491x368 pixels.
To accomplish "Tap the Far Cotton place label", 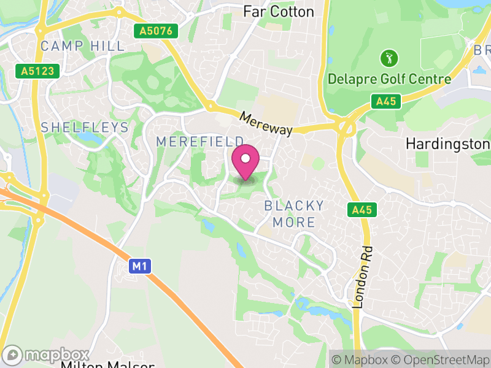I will coord(278,12).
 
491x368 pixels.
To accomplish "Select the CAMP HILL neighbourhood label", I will coord(82,46).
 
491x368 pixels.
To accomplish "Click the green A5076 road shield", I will coord(157,31).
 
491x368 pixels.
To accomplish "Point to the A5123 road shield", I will coord(37,71).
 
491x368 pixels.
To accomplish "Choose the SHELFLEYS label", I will coord(85,128).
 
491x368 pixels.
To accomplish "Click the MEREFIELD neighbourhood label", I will coord(200,142).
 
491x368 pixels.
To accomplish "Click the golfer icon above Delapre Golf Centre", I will coord(389,59).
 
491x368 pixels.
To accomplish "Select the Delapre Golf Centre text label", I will coord(389,79).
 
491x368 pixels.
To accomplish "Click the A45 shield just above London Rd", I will coord(362,210).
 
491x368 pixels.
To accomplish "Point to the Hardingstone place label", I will coord(447,144).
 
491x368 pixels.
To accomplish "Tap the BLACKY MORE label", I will coord(294,213).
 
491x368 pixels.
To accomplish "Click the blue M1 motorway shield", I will coord(140,266).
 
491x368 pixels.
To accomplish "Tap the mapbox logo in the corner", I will coord(47,355).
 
